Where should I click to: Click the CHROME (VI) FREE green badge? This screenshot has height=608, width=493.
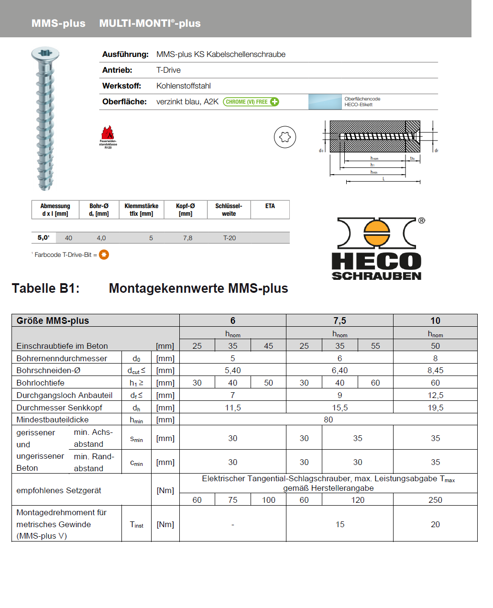tap(251, 102)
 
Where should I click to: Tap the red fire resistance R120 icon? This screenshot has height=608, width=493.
tap(108, 133)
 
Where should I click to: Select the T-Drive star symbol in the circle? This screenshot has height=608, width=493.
tap(285, 137)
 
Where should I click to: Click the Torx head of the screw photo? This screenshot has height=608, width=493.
tap(45, 53)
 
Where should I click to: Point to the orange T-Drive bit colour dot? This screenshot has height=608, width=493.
tap(104, 254)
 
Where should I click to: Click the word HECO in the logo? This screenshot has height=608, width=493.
tap(376, 261)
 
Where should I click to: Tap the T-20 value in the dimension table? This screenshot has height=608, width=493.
tap(230, 238)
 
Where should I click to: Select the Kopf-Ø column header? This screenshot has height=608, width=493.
tap(186, 210)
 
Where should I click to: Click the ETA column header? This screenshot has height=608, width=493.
tap(270, 206)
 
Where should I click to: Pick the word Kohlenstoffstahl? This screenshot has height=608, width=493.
tap(184, 86)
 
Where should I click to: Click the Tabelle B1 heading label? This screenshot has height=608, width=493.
tap(46, 288)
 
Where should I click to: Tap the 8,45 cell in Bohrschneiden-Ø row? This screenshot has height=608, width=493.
tap(435, 370)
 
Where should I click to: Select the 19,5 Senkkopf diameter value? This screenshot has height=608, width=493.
tap(435, 408)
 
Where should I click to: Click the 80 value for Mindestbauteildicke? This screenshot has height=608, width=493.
tap(328, 420)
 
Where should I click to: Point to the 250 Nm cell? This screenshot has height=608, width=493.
tap(435, 500)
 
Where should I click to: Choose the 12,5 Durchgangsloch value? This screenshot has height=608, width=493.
tap(435, 395)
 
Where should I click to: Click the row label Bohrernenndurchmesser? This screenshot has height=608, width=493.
tap(62, 358)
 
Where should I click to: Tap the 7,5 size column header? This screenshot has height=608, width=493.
tap(340, 321)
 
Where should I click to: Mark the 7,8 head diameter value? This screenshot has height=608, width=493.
tap(188, 238)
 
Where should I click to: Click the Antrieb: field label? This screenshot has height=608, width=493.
tap(117, 70)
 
